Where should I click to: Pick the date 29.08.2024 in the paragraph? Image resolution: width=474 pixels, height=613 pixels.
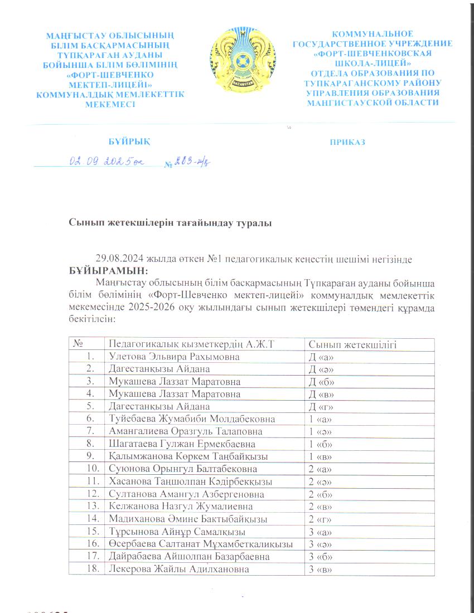click(118, 260)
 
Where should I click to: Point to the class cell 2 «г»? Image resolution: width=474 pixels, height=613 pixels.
click(321, 519)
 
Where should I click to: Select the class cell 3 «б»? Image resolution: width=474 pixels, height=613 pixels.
click(321, 556)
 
